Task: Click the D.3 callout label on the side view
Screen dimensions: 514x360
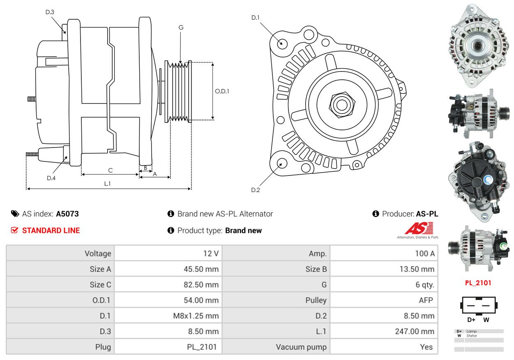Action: point(50,12)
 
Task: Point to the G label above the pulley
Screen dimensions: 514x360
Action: point(181,28)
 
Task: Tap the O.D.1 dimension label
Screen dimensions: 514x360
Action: point(222,91)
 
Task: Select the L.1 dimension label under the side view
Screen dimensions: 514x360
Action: point(107,184)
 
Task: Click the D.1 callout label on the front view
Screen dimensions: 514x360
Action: point(256,17)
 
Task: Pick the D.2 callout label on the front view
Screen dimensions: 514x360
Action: point(256,190)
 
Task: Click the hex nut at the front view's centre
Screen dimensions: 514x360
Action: point(342,105)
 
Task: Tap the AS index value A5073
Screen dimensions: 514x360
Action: point(67,214)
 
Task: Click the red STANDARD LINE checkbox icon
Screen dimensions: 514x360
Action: point(14,230)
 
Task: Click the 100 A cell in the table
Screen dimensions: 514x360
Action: point(425,254)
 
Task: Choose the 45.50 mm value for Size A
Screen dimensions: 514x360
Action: point(201,269)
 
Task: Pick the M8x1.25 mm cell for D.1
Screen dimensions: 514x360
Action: point(196,316)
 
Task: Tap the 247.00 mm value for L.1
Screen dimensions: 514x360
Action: point(415,331)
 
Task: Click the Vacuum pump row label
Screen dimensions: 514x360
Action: point(301,347)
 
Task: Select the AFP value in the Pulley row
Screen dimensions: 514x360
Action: point(426,300)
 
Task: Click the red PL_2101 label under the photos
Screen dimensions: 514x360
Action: point(478,283)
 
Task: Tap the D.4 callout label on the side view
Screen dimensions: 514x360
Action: point(51,178)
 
